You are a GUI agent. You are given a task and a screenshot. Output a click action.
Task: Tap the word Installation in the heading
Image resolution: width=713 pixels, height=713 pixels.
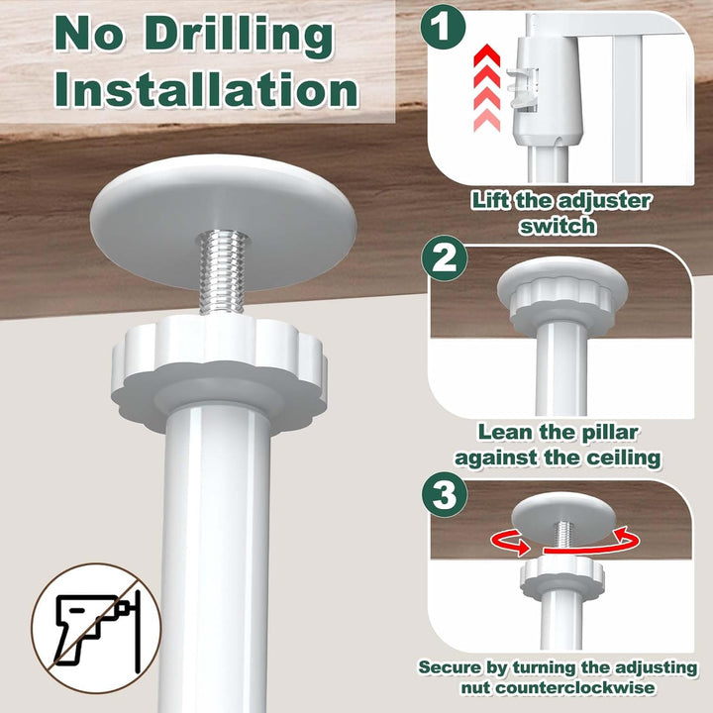click(x=206, y=89)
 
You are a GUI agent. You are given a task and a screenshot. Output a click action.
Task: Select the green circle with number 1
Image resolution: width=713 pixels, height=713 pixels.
click(x=443, y=27)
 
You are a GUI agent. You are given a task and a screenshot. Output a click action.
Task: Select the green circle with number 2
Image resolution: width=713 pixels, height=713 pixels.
click(x=445, y=258)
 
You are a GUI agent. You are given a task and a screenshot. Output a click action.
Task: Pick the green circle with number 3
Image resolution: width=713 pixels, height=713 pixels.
click(x=445, y=494)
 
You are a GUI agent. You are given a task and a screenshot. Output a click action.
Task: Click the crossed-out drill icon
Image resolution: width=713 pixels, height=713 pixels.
click(x=96, y=628)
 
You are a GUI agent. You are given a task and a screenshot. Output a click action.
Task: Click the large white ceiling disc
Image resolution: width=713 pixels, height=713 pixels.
click(x=224, y=222)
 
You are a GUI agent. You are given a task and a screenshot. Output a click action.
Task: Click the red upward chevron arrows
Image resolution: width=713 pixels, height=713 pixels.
click(x=486, y=88)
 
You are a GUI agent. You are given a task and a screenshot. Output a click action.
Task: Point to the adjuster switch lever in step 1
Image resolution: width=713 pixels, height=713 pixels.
click(x=522, y=89)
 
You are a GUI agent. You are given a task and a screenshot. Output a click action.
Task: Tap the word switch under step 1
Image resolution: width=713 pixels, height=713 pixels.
click(x=558, y=226)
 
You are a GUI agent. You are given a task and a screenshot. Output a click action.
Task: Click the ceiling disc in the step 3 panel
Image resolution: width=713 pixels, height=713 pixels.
click(x=562, y=518)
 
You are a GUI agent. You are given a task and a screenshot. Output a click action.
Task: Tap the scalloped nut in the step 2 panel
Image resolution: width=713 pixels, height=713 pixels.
click(x=562, y=301)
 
